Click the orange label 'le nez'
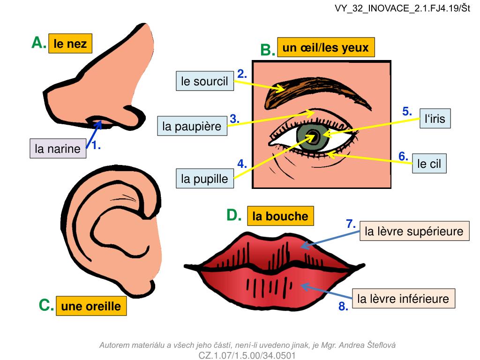point(70,44)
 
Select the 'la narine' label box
point(58,149)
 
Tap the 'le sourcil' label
point(204,81)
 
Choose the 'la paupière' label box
point(192,126)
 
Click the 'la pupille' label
point(204,179)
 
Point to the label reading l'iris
point(435,119)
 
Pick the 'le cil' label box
point(429,164)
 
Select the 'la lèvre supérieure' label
point(414,231)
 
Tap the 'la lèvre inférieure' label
point(403,299)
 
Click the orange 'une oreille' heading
point(91,306)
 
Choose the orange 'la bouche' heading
point(280,216)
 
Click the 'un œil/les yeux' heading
point(325,47)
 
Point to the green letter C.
point(46,306)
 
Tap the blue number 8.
point(343,307)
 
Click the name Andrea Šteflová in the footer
point(367,345)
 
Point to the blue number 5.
point(407,112)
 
